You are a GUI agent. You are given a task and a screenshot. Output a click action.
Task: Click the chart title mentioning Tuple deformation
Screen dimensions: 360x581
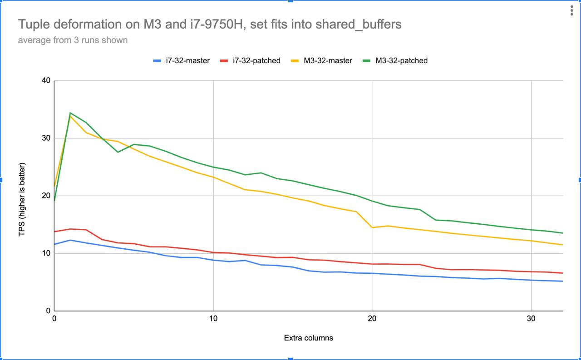pos(210,24)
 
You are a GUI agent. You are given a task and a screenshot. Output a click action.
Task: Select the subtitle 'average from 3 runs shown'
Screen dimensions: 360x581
pos(73,40)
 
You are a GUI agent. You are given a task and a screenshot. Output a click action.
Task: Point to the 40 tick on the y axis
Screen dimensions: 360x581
pos(46,81)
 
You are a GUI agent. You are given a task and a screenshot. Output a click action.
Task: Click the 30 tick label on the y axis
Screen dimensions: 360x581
pos(46,138)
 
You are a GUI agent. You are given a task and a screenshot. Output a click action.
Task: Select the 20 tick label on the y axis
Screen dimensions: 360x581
pos(46,196)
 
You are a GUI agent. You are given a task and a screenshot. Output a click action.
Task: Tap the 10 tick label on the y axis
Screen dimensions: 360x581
pos(46,253)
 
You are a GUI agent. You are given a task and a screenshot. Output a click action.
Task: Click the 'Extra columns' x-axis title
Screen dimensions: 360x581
pos(308,338)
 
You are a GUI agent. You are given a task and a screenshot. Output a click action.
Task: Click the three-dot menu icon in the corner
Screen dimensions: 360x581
pos(572,11)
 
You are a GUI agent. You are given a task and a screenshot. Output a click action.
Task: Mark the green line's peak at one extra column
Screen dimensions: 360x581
pos(70,113)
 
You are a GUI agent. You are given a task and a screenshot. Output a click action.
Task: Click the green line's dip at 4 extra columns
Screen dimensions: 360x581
pos(118,152)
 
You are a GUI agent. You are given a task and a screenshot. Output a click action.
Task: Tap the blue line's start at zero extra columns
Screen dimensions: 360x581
pos(55,244)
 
